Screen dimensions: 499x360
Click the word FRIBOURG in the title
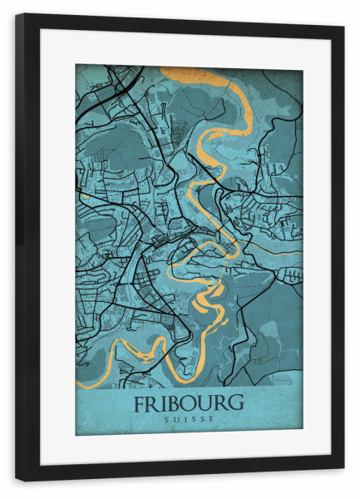point(188,403)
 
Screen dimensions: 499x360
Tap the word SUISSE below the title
point(189,418)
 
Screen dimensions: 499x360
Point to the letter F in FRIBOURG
point(139,403)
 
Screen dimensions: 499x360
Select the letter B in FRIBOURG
point(173,403)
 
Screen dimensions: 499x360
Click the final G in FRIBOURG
point(236,403)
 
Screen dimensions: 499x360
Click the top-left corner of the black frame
point(17,15)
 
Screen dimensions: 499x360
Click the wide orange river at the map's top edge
point(200,75)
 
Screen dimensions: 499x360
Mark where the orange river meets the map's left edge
point(78,384)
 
